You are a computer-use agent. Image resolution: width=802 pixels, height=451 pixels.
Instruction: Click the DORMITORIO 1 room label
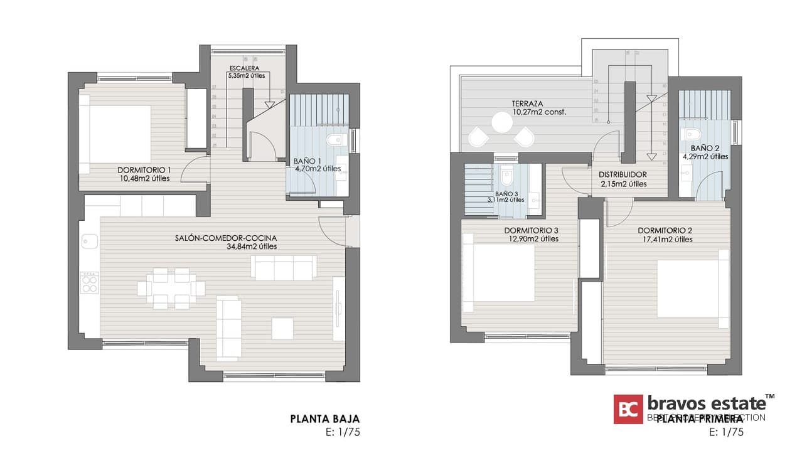point(144,170)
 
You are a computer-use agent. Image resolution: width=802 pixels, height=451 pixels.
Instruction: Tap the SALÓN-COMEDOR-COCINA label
point(226,238)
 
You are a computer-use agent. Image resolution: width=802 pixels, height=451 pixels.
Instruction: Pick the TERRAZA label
point(527,103)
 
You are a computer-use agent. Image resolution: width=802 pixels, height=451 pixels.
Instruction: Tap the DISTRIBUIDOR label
point(623,174)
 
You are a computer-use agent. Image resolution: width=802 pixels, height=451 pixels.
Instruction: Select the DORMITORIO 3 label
point(531,230)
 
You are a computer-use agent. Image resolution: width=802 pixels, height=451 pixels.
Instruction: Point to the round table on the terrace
point(503,122)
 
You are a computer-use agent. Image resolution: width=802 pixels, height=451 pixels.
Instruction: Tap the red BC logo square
point(628,409)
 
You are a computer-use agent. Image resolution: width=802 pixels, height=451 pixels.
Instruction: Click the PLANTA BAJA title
point(324,418)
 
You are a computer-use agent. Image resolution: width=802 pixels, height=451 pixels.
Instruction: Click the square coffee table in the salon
point(282,329)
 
